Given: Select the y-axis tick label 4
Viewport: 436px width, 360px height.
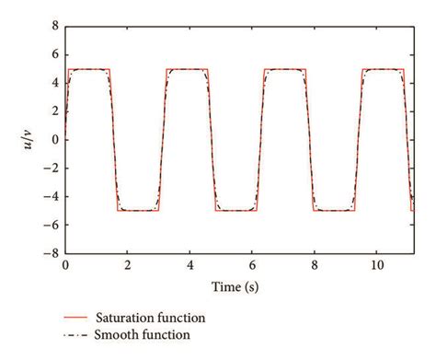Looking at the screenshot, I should [54, 84].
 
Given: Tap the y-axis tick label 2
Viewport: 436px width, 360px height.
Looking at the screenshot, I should [54, 111].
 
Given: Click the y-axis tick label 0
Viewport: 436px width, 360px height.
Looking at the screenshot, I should [54, 140].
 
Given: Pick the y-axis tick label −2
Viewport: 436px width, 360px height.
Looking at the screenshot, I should [52, 168].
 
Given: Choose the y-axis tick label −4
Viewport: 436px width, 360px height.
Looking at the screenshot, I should [52, 196].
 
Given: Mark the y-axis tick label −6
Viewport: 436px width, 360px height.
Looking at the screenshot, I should [52, 224].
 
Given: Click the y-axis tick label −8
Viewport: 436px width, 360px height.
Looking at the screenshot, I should [52, 252].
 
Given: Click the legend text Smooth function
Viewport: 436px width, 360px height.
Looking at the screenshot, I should [146, 335].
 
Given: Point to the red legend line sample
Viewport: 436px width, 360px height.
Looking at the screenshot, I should [80, 318].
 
